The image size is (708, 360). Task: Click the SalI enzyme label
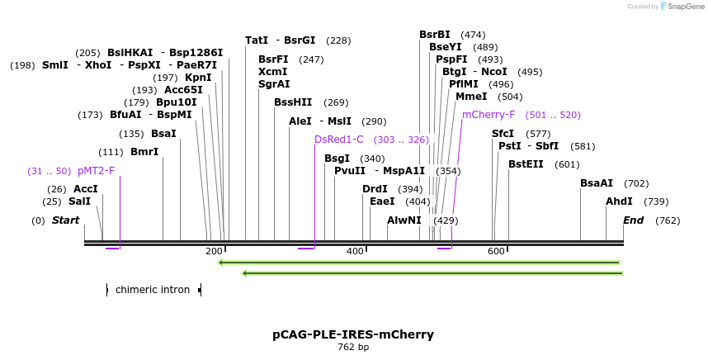click(x=79, y=201)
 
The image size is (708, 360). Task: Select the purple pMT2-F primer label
click(x=96, y=171)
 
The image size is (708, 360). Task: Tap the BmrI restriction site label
click(x=144, y=152)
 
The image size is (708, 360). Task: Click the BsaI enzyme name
click(x=163, y=134)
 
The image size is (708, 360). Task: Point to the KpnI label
click(x=198, y=78)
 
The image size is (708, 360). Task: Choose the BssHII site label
click(x=293, y=102)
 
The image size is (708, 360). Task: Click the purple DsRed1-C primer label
click(x=338, y=140)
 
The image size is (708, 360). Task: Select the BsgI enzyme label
click(x=337, y=159)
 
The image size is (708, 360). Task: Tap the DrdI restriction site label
click(x=375, y=189)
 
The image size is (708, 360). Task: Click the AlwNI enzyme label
click(x=404, y=220)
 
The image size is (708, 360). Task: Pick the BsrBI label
click(x=435, y=35)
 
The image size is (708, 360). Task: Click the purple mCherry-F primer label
click(x=489, y=115)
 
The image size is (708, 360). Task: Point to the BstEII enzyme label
click(x=526, y=164)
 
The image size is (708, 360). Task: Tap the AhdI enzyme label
click(x=619, y=201)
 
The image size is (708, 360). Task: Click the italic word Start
click(x=65, y=220)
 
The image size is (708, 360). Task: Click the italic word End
click(x=633, y=220)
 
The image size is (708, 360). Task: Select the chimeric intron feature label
click(x=153, y=290)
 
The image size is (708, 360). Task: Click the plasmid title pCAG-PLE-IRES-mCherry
click(x=353, y=334)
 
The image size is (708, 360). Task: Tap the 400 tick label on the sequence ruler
click(x=356, y=251)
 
